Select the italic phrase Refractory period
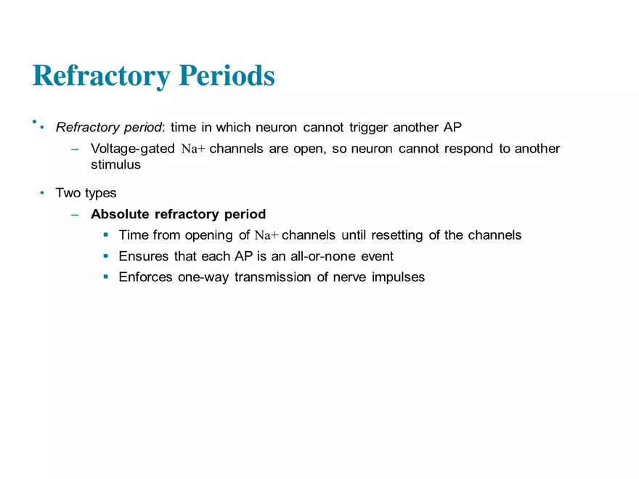pyautogui.click(x=109, y=128)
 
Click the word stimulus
pyautogui.click(x=115, y=165)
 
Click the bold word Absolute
pyautogui.click(x=120, y=214)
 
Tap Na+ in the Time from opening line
pyautogui.click(x=266, y=236)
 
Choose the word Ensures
pyautogui.click(x=143, y=256)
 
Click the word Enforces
pyautogui.click(x=145, y=277)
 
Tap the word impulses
pyautogui.click(x=396, y=277)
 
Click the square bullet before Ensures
pyautogui.click(x=106, y=256)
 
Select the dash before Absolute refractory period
pyautogui.click(x=76, y=215)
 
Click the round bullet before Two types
pyautogui.click(x=42, y=193)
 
